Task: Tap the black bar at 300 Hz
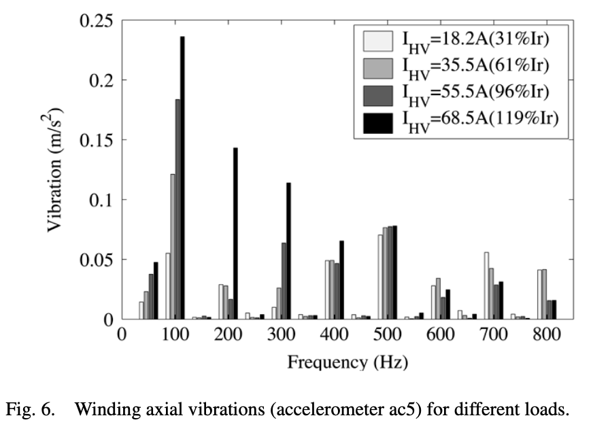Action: (x=288, y=251)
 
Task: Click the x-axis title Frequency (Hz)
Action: (x=347, y=362)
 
